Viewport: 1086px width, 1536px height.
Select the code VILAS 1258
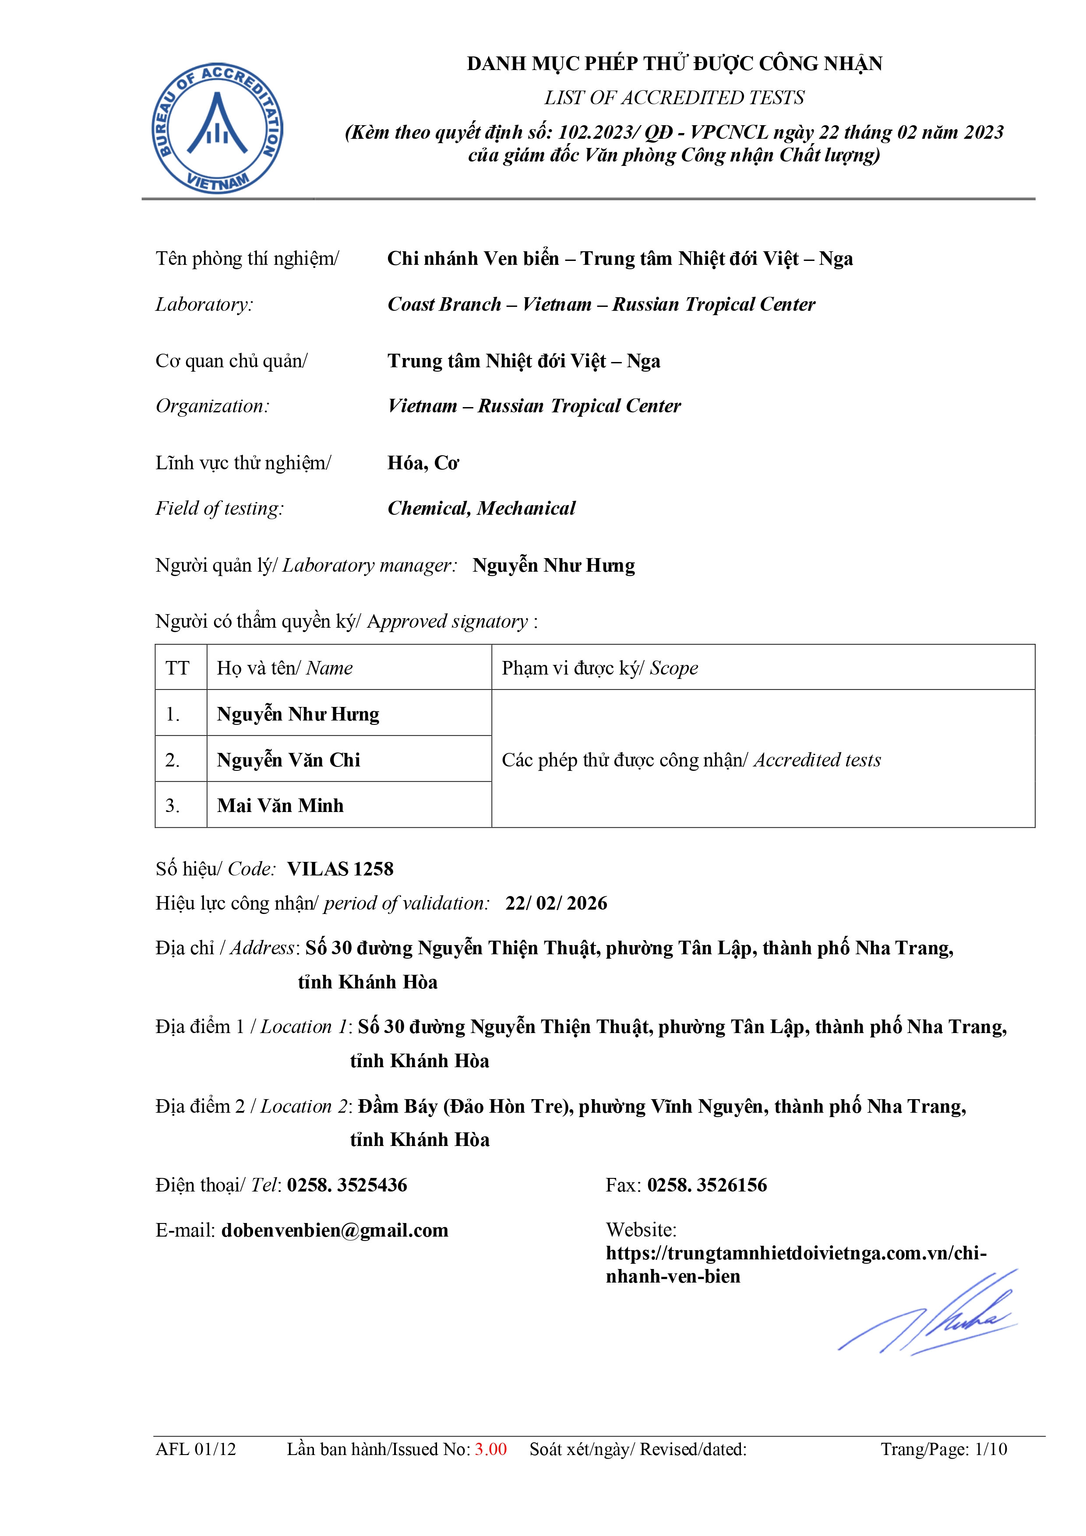click(x=340, y=868)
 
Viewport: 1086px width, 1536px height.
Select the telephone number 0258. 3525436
click(x=347, y=1185)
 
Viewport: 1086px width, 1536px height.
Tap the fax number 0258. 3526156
click(x=707, y=1185)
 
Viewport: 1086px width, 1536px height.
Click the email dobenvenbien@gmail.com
click(x=335, y=1230)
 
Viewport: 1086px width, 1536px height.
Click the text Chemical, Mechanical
click(x=481, y=509)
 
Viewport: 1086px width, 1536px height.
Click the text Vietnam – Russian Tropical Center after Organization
click(x=534, y=406)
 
